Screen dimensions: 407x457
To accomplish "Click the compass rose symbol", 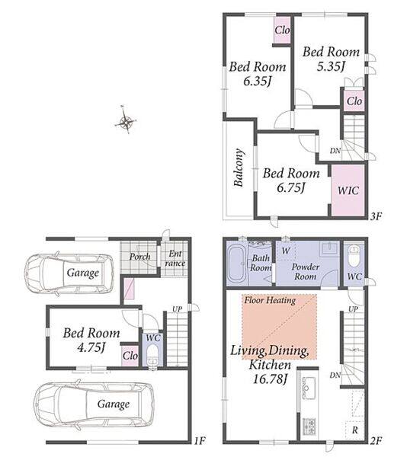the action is coord(125,120).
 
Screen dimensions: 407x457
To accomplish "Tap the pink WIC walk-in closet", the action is coord(348,190).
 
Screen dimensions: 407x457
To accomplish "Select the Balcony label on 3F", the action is coord(239,168).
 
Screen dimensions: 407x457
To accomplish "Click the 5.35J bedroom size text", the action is coord(331,67).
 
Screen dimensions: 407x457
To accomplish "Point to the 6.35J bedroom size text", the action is coord(258,81).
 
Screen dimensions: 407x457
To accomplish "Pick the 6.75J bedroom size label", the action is coord(291,187).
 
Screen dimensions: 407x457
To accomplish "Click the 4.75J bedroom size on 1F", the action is coord(91,347).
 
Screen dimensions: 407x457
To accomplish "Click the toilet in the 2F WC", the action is coord(354,257).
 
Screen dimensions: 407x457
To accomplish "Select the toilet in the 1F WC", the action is coord(152,356).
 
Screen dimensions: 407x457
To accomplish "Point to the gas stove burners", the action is coord(309,426).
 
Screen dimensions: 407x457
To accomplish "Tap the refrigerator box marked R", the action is coord(354,430).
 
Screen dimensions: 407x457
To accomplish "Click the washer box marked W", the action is coord(286,251).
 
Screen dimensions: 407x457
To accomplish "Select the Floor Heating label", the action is coord(270,300).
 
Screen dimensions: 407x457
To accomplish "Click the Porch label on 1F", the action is coord(140,257).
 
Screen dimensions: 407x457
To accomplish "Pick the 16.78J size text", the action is coord(270,379).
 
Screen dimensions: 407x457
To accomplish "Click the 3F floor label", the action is coord(376,216).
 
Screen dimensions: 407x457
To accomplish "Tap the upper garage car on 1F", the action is coord(69,273).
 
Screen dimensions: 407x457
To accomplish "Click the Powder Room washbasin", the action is coord(329,249).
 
